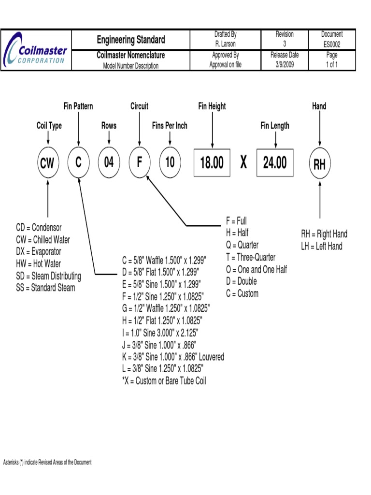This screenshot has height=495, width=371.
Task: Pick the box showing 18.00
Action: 212,162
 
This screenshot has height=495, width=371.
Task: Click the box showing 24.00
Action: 275,162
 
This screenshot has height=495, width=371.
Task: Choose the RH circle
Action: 319,164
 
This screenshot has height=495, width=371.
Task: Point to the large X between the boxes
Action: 243,162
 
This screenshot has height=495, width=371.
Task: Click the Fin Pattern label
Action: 78,106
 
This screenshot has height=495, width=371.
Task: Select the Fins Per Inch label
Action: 170,126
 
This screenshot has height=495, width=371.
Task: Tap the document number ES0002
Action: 332,44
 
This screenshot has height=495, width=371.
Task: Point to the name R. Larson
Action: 225,44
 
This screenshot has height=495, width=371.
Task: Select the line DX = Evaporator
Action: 39,252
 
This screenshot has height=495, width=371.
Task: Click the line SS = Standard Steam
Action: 45,289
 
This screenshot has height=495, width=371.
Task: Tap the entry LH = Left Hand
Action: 321,246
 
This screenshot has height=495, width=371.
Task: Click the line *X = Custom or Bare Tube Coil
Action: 164,381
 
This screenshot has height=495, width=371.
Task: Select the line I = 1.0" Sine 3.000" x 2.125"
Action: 160,333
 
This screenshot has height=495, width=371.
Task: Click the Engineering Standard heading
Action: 130,40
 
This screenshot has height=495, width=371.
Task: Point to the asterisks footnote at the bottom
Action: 47,463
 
